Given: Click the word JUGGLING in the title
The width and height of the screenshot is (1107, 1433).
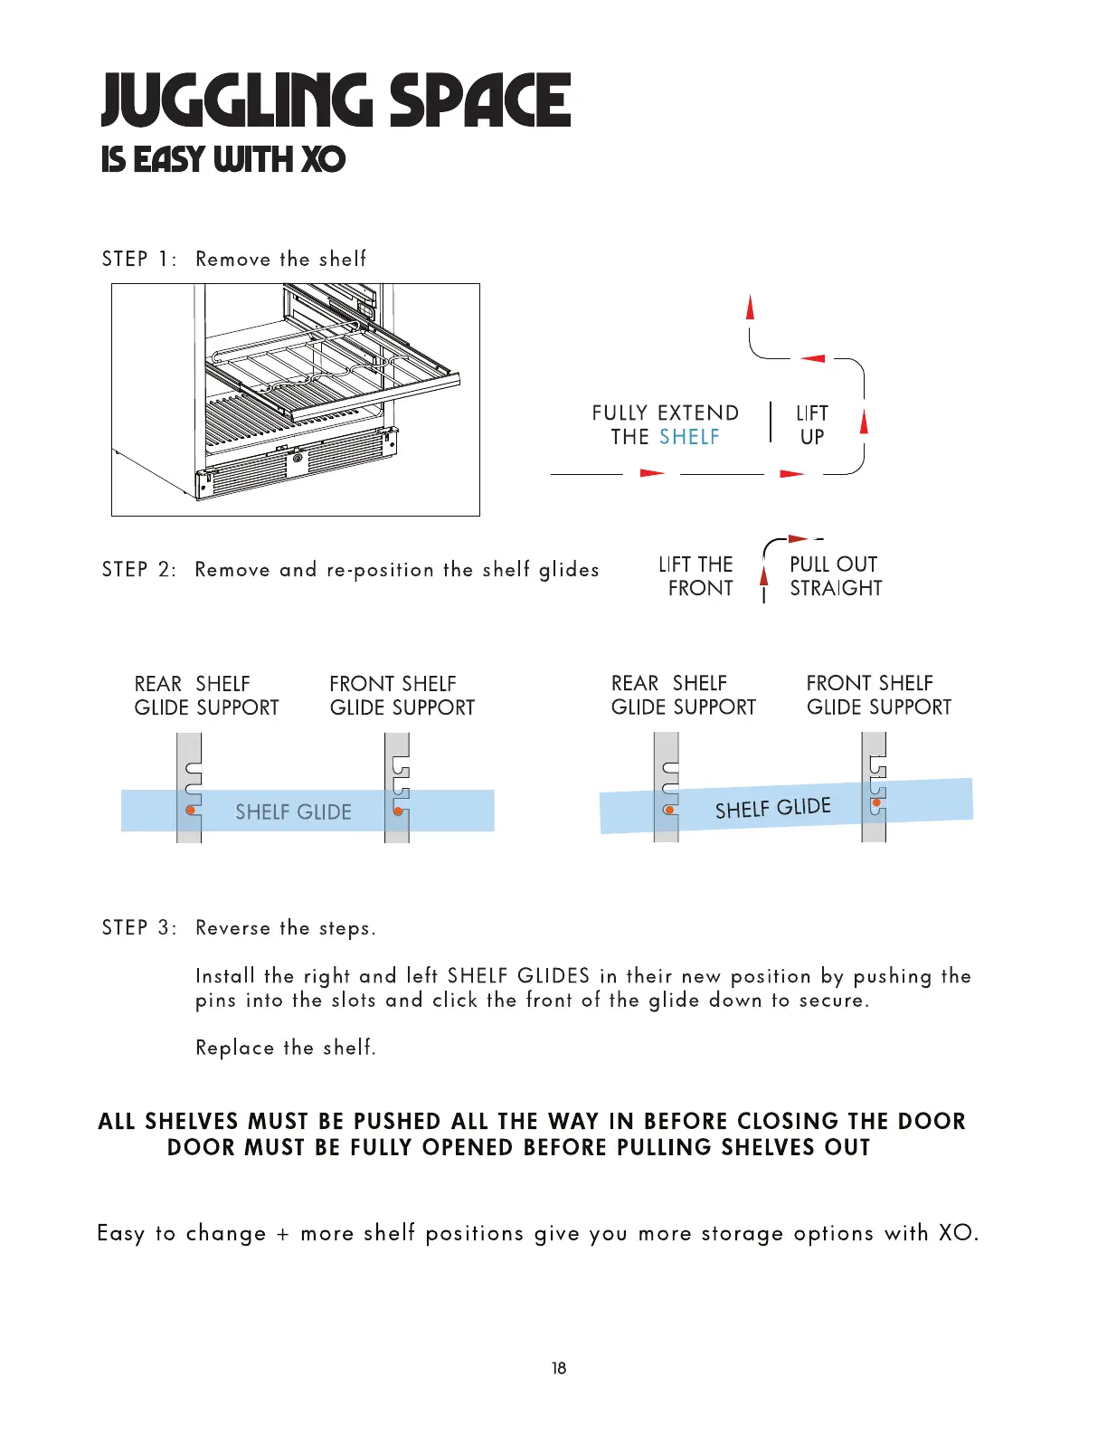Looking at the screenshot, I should click(237, 100).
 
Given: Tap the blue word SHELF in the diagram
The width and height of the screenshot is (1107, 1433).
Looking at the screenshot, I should click(689, 437).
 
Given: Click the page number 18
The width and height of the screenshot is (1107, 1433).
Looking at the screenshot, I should click(559, 1368).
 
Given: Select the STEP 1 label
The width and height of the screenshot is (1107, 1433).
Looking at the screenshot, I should click(139, 260).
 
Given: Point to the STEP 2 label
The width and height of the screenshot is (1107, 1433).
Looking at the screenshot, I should click(139, 570).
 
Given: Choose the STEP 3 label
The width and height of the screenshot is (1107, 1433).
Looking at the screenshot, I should click(139, 928).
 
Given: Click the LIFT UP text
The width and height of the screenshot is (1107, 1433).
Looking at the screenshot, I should click(812, 425).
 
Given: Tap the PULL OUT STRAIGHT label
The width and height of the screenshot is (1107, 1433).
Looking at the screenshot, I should click(835, 576).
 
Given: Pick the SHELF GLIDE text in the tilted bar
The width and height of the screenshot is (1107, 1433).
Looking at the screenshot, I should click(772, 808).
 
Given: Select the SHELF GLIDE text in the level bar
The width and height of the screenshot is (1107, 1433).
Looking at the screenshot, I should click(293, 812).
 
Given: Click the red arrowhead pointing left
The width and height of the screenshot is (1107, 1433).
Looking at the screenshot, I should click(813, 358).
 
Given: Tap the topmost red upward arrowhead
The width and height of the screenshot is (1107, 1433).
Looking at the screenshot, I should click(750, 307).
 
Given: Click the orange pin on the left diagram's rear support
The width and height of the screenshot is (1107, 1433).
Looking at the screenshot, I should click(191, 811).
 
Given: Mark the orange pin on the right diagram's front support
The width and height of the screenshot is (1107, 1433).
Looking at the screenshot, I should click(876, 802).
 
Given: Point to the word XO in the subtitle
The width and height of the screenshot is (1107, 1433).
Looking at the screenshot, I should click(323, 160).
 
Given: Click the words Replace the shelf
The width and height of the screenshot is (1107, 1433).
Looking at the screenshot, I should click(286, 1048).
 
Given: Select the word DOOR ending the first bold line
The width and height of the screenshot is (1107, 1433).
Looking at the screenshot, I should click(932, 1122).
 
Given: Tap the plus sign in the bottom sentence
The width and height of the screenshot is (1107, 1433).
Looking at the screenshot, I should click(283, 1234).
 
